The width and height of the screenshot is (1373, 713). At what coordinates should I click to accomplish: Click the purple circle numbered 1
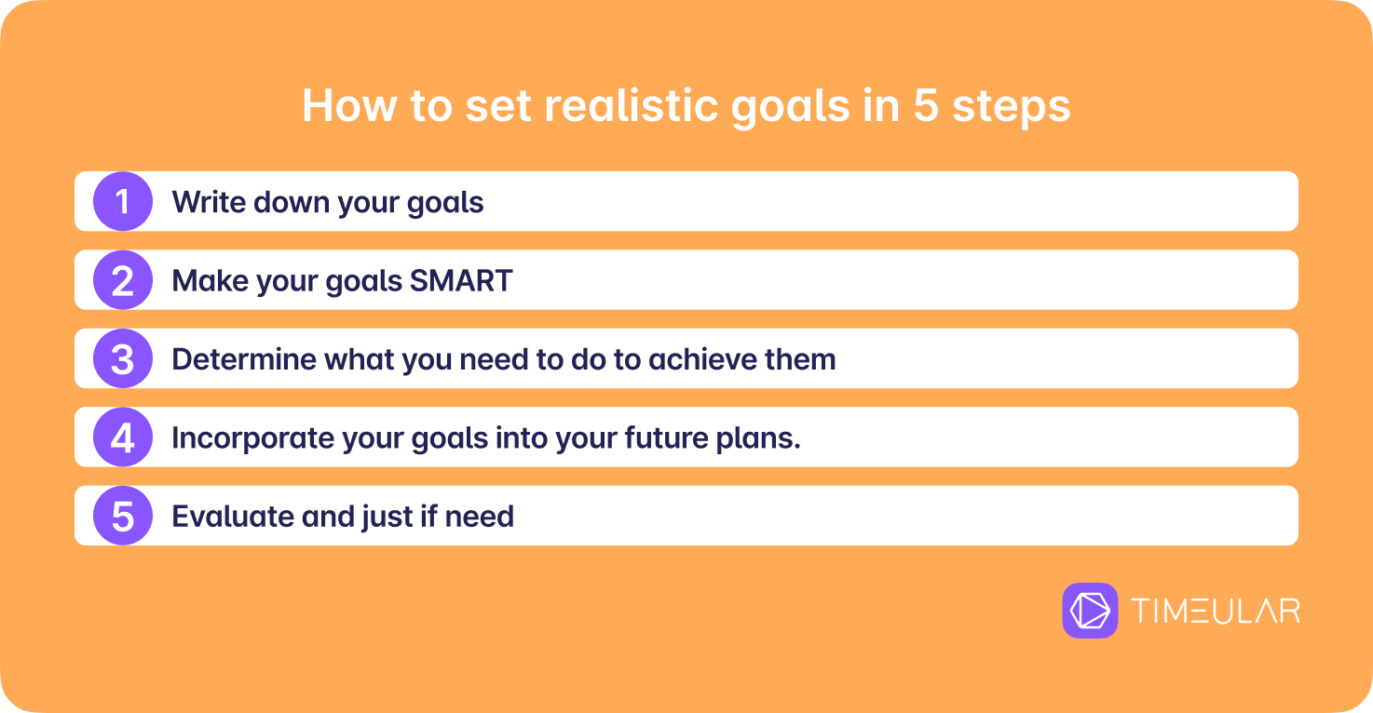(123, 202)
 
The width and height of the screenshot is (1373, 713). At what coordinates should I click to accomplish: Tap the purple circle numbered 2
(123, 280)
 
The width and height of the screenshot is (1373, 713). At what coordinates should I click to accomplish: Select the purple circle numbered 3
(123, 358)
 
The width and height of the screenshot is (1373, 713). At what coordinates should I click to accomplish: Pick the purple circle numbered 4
(123, 437)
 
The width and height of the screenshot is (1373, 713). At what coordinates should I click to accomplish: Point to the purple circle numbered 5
(123, 516)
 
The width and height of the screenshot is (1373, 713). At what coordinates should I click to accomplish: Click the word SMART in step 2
(461, 281)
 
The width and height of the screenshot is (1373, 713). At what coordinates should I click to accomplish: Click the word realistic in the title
(631, 105)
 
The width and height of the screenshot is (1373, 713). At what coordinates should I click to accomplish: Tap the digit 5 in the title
(926, 106)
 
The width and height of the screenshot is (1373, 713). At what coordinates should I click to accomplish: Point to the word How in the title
(349, 106)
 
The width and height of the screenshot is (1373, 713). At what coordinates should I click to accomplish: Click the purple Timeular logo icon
(1090, 611)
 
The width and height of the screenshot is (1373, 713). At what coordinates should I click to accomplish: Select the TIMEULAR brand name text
(1216, 611)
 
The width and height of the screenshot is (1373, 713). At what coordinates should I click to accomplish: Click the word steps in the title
(1012, 108)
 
